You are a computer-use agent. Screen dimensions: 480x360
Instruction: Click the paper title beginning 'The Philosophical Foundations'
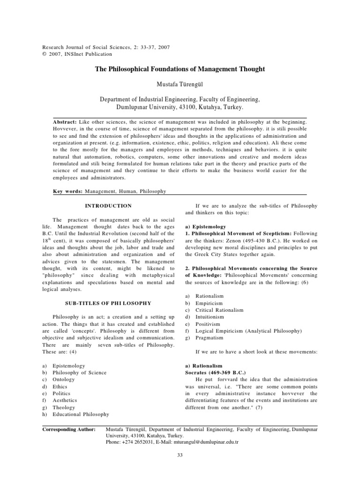coord(180,69)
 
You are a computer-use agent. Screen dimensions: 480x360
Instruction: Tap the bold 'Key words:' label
coord(66,191)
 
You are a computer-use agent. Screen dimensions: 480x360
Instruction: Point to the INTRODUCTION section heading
coord(108,206)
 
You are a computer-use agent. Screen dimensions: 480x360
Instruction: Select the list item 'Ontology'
coord(63,380)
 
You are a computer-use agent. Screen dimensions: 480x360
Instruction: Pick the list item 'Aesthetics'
coord(65,400)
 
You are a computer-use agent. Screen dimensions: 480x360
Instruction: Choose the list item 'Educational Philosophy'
coord(80,414)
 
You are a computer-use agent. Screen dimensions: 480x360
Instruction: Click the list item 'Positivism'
coord(209,323)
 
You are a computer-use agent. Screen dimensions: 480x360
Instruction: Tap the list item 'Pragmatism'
coord(210,337)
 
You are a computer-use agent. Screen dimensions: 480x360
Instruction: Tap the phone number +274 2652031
coord(139,442)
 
